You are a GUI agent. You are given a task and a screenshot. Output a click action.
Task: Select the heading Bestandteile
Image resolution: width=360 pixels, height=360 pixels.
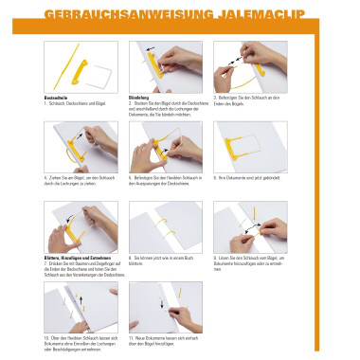[59, 97]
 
